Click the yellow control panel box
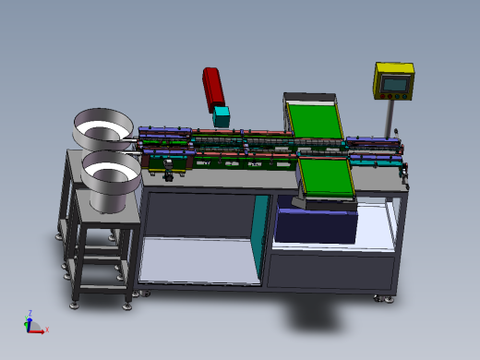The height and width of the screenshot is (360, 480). pyautogui.click(x=394, y=80)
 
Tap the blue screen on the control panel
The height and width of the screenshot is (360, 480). pyautogui.click(x=394, y=83)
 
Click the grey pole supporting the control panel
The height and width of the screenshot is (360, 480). pyautogui.click(x=390, y=116)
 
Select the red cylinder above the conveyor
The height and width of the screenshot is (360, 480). pyautogui.click(x=214, y=88)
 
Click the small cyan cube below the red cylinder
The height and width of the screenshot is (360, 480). pyautogui.click(x=222, y=117)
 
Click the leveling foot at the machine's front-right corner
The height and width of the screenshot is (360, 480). pyautogui.click(x=377, y=298)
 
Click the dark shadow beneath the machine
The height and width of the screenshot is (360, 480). pyautogui.click(x=332, y=318)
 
